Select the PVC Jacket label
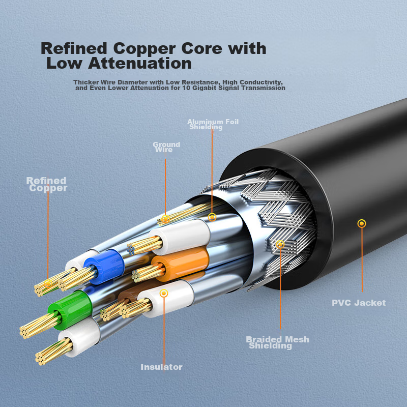pyautogui.click(x=359, y=303)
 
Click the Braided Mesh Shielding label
pyautogui.click(x=277, y=342)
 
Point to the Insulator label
pyautogui.click(x=161, y=367)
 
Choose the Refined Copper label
pyautogui.click(x=47, y=184)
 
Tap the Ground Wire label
pyautogui.click(x=166, y=147)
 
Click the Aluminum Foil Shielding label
pyautogui.click(x=213, y=124)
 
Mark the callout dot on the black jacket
pyautogui.click(x=362, y=223)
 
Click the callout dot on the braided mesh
pyautogui.click(x=280, y=245)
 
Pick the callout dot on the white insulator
pyautogui.click(x=163, y=293)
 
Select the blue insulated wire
pyautogui.click(x=104, y=264)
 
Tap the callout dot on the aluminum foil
pyautogui.click(x=212, y=217)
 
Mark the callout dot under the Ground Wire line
pyautogui.click(x=165, y=219)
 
